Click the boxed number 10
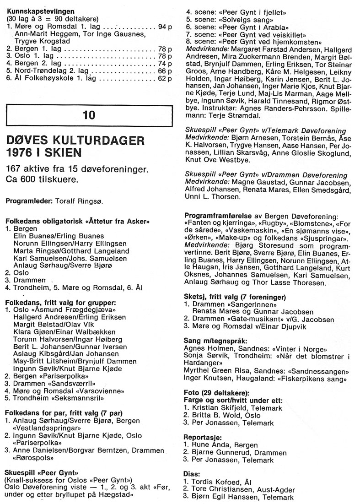point(89,115)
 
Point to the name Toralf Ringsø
point(73,201)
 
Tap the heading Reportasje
point(202,437)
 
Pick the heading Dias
point(192,474)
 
